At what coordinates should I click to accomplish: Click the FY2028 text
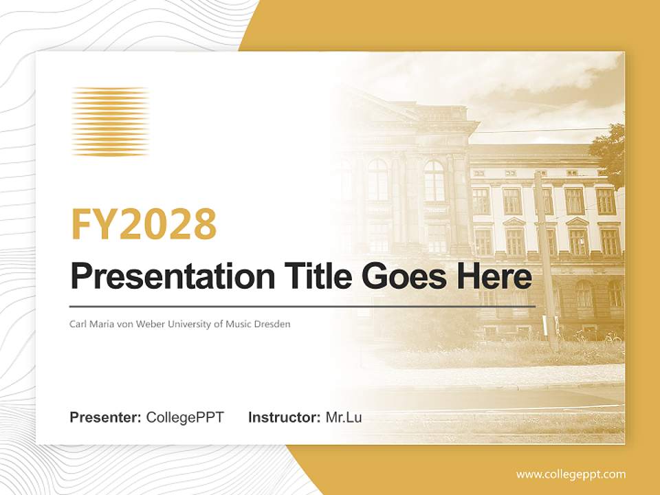coord(144,224)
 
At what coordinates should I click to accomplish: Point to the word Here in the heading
coord(491,277)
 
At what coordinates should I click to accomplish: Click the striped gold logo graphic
coord(110,122)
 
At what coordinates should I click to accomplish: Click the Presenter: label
coord(106,417)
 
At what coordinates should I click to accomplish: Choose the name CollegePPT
coord(185,417)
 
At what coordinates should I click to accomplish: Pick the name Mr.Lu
coord(344,417)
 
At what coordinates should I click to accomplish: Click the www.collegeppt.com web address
coord(571,474)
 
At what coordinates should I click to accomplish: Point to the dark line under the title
coord(302,306)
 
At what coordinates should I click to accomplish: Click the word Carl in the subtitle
coord(78,323)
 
